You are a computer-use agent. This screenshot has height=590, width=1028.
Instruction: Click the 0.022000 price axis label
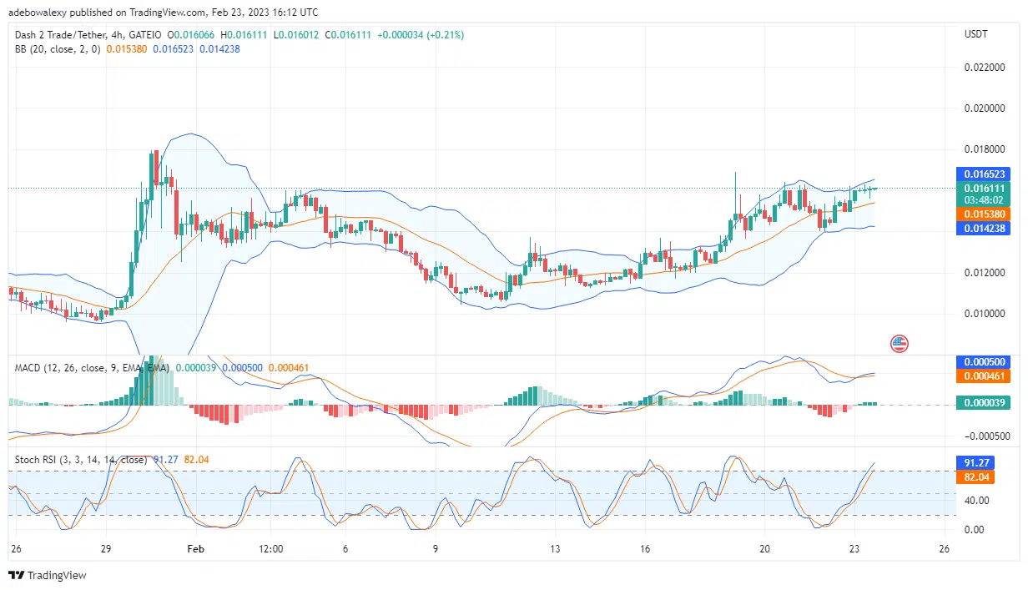tap(985, 68)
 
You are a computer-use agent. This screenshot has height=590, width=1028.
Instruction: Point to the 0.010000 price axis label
tap(985, 314)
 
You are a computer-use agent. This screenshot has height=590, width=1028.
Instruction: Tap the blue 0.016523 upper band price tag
tap(985, 174)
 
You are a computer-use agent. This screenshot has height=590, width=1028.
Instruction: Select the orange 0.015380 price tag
tap(985, 214)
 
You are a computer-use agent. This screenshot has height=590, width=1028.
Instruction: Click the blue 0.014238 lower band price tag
tap(985, 227)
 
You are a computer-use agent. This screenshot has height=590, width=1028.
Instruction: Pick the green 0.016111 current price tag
tap(985, 189)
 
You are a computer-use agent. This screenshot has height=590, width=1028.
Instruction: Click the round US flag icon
tap(899, 343)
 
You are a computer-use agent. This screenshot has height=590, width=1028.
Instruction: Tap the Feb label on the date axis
tap(195, 549)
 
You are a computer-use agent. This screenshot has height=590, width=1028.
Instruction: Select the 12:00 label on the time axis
tap(271, 549)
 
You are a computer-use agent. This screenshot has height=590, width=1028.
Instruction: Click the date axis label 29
tap(106, 549)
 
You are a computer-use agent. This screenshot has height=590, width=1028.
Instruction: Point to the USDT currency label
tap(975, 34)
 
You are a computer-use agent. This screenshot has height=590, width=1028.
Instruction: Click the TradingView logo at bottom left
tap(48, 575)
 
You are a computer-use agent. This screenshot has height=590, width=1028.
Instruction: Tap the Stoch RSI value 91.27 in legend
tap(165, 459)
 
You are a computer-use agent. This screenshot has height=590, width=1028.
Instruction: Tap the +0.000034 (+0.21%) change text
tap(421, 35)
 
